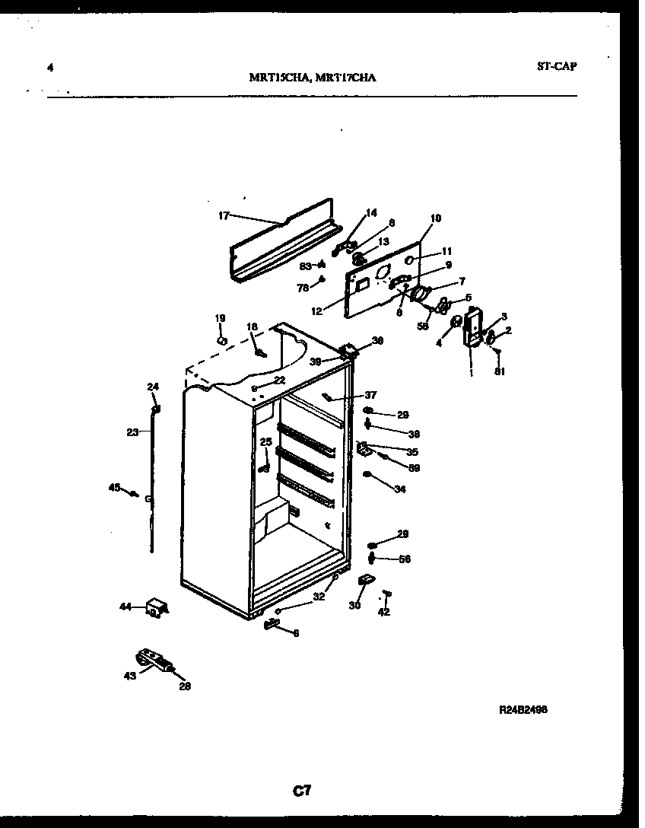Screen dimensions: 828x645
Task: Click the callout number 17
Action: click(x=223, y=216)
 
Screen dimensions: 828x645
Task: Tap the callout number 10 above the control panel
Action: click(x=435, y=218)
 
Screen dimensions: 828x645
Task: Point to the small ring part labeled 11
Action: click(x=409, y=260)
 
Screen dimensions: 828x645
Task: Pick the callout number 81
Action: click(x=500, y=371)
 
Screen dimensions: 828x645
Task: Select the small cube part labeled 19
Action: click(x=221, y=340)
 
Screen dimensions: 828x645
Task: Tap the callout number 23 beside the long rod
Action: click(x=132, y=432)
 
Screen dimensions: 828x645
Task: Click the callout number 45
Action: click(x=115, y=488)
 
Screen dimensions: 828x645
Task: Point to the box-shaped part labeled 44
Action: click(x=157, y=608)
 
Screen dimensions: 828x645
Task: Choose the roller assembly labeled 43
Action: click(x=152, y=660)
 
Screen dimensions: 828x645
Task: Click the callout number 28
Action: click(x=185, y=686)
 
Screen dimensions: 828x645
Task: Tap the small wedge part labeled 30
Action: click(x=364, y=581)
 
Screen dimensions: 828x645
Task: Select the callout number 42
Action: click(x=383, y=612)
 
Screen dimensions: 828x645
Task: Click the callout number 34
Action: click(x=399, y=489)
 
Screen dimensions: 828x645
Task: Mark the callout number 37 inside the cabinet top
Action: click(x=370, y=395)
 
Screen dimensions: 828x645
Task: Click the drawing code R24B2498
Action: click(x=523, y=709)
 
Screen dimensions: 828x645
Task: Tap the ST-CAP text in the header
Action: click(x=556, y=65)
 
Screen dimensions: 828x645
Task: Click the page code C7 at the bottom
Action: click(x=303, y=791)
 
